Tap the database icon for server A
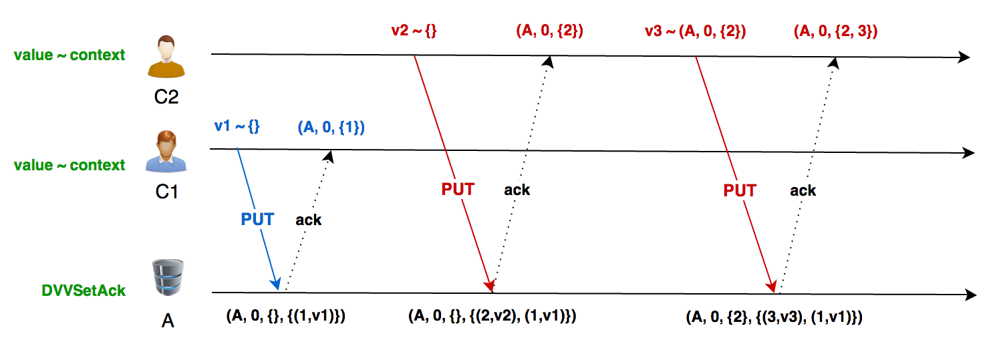167,279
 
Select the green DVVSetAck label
84,291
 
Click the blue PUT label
257,219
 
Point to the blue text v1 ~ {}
237,126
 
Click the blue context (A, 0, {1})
331,127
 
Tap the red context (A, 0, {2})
550,31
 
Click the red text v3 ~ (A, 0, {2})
695,31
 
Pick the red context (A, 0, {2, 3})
835,31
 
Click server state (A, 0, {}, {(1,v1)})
286,317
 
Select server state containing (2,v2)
492,316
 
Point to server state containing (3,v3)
774,317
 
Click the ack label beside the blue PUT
308,220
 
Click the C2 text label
166,98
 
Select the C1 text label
166,192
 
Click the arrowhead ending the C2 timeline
963,57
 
